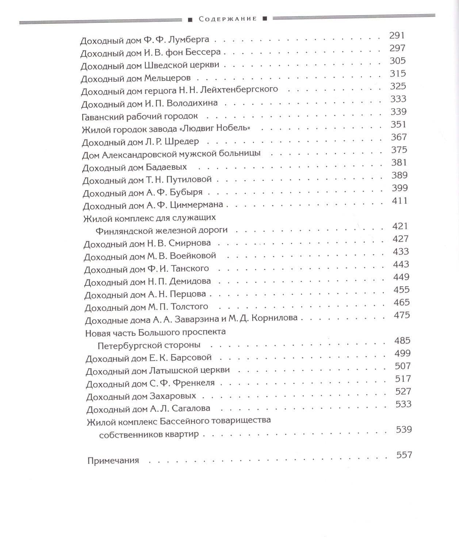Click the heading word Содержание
tap(228, 19)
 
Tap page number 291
tap(397, 35)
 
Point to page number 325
tap(398, 86)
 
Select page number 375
tap(399, 150)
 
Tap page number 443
tap(401, 264)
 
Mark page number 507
tap(403, 366)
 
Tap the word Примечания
tap(113, 460)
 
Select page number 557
tap(404, 455)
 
